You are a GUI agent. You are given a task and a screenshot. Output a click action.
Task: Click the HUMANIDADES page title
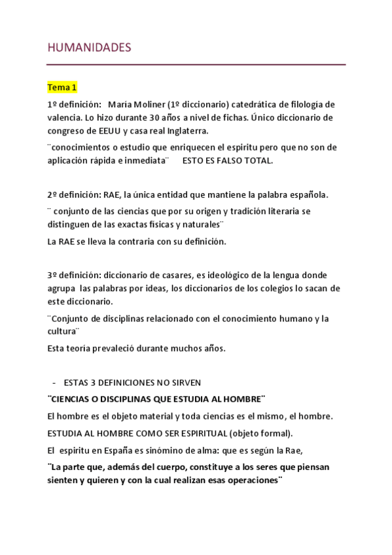point(89,48)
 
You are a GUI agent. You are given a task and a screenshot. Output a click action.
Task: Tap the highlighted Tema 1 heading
point(62,87)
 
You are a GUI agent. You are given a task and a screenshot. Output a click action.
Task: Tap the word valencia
point(65,118)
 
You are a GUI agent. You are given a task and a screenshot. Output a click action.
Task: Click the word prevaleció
point(111,348)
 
